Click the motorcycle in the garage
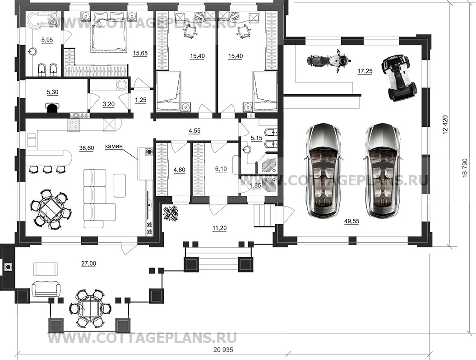coord(327,60)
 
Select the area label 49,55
coord(351,222)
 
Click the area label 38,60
coord(87,148)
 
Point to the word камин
coord(114,146)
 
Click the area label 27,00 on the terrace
coord(88,263)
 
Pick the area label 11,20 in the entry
coord(219,228)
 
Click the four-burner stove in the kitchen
coord(74,124)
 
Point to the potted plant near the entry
coord(171,213)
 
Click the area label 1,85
coord(255,185)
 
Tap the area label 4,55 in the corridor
coord(194,131)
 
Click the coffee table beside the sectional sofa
coord(120,185)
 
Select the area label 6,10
coord(221,169)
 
